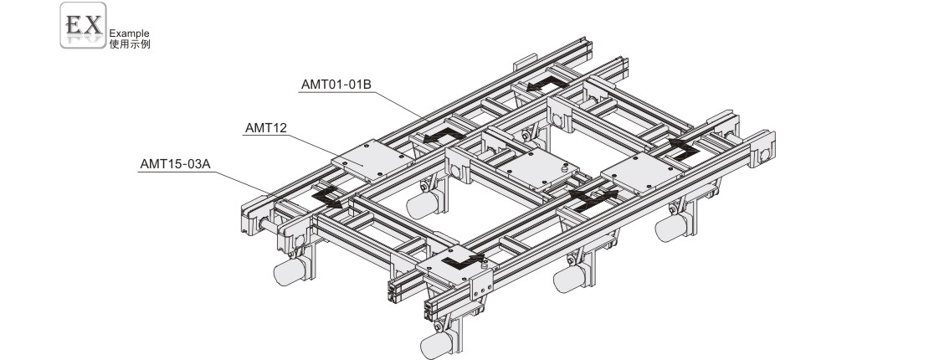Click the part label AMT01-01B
point(336,85)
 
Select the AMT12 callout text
point(265,127)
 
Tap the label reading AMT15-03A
point(176,164)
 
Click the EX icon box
point(83,25)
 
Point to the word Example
point(129,33)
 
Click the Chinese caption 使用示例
point(130,44)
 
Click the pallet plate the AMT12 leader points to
point(372,160)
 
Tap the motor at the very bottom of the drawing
point(439,342)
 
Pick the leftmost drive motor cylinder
point(291,270)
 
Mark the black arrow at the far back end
point(547,84)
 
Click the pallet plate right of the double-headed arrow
point(642,172)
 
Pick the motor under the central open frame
point(425,203)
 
